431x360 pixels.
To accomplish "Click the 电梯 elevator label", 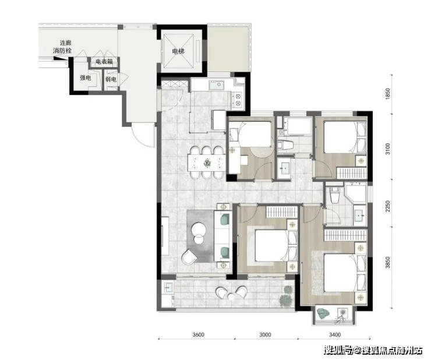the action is (x=178, y=51).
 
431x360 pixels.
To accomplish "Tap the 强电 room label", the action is (x=85, y=78).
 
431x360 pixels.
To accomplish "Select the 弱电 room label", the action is (x=111, y=79).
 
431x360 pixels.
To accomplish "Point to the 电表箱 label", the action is (x=104, y=62).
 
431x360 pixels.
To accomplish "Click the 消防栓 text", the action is (x=62, y=51).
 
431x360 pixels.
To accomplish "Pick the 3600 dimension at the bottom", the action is (x=198, y=335).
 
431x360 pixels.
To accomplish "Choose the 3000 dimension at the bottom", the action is (x=265, y=335).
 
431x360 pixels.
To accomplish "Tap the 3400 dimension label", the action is (x=335, y=335).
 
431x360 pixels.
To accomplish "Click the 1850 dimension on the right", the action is (x=388, y=94).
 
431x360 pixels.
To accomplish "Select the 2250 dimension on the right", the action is (x=388, y=206).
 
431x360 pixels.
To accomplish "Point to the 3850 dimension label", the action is (x=388, y=263).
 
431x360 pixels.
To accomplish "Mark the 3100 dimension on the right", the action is (x=388, y=149).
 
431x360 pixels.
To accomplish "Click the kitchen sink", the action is (x=216, y=85).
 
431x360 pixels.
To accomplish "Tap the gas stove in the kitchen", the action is (x=238, y=100).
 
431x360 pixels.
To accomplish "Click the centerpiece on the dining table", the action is (x=207, y=163).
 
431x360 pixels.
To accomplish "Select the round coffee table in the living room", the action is (x=198, y=229).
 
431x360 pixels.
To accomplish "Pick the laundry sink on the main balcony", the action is (x=167, y=288).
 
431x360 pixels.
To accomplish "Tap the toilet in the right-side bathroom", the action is (x=334, y=195).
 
